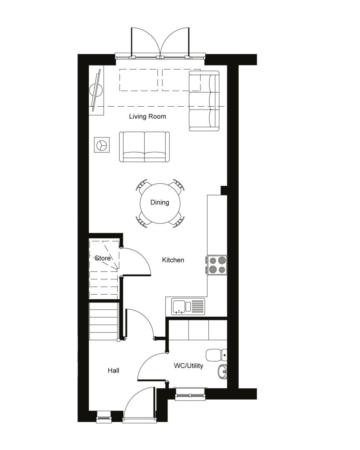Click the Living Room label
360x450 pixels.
(147, 117)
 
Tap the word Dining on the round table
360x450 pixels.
(160, 202)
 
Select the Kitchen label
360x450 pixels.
(173, 260)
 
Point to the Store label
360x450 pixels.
(103, 258)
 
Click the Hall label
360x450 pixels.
(113, 370)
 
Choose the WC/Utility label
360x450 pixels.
(188, 366)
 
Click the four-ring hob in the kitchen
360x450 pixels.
(217, 265)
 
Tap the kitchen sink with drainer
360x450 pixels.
(188, 307)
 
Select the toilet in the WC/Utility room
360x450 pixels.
(217, 355)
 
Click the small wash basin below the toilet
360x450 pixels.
(222, 372)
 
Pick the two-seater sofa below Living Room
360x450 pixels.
(145, 147)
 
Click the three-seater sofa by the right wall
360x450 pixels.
(204, 101)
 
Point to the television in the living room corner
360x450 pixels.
(96, 90)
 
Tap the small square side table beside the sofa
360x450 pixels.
(102, 145)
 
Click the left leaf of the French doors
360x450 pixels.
(145, 42)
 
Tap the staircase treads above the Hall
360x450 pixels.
(104, 321)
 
